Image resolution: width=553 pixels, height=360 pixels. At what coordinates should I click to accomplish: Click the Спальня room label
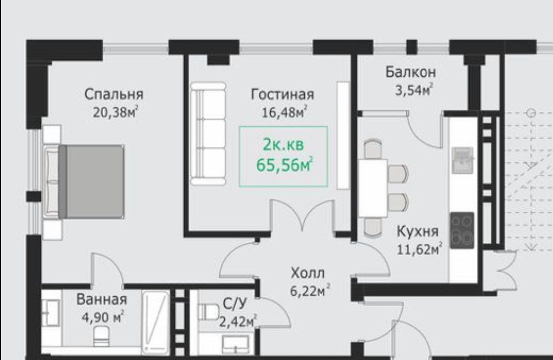click(x=114, y=94)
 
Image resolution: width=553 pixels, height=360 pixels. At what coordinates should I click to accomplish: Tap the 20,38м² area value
click(x=115, y=112)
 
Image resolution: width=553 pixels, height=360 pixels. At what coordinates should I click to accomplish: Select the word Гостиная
click(x=282, y=94)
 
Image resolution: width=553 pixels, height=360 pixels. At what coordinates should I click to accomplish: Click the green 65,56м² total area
click(x=284, y=164)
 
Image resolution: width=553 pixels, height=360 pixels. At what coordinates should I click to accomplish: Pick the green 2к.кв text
click(x=283, y=144)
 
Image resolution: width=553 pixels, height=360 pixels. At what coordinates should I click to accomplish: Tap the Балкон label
click(x=410, y=72)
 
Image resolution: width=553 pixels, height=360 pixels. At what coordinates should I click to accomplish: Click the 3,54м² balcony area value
click(x=414, y=90)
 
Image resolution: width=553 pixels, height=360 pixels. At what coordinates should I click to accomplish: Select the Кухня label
click(x=418, y=231)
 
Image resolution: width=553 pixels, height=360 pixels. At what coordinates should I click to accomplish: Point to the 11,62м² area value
click(x=420, y=249)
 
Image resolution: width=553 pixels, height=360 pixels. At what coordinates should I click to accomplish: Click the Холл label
click(x=308, y=273)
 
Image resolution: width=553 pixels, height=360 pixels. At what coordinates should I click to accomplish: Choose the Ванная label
click(x=102, y=300)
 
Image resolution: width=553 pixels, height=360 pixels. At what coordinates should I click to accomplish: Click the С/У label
click(x=235, y=304)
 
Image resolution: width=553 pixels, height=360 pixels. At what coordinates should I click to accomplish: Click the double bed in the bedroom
click(x=84, y=181)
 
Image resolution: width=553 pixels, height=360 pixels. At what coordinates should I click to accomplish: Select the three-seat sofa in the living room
click(x=208, y=134)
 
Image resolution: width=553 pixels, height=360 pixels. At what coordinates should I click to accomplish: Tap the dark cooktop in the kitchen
click(x=462, y=230)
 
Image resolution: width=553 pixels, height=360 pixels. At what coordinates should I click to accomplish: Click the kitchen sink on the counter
click(x=462, y=161)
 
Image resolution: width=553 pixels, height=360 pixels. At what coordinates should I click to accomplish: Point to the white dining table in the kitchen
click(x=373, y=188)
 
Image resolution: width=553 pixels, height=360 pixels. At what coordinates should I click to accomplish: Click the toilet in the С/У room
click(x=208, y=312)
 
